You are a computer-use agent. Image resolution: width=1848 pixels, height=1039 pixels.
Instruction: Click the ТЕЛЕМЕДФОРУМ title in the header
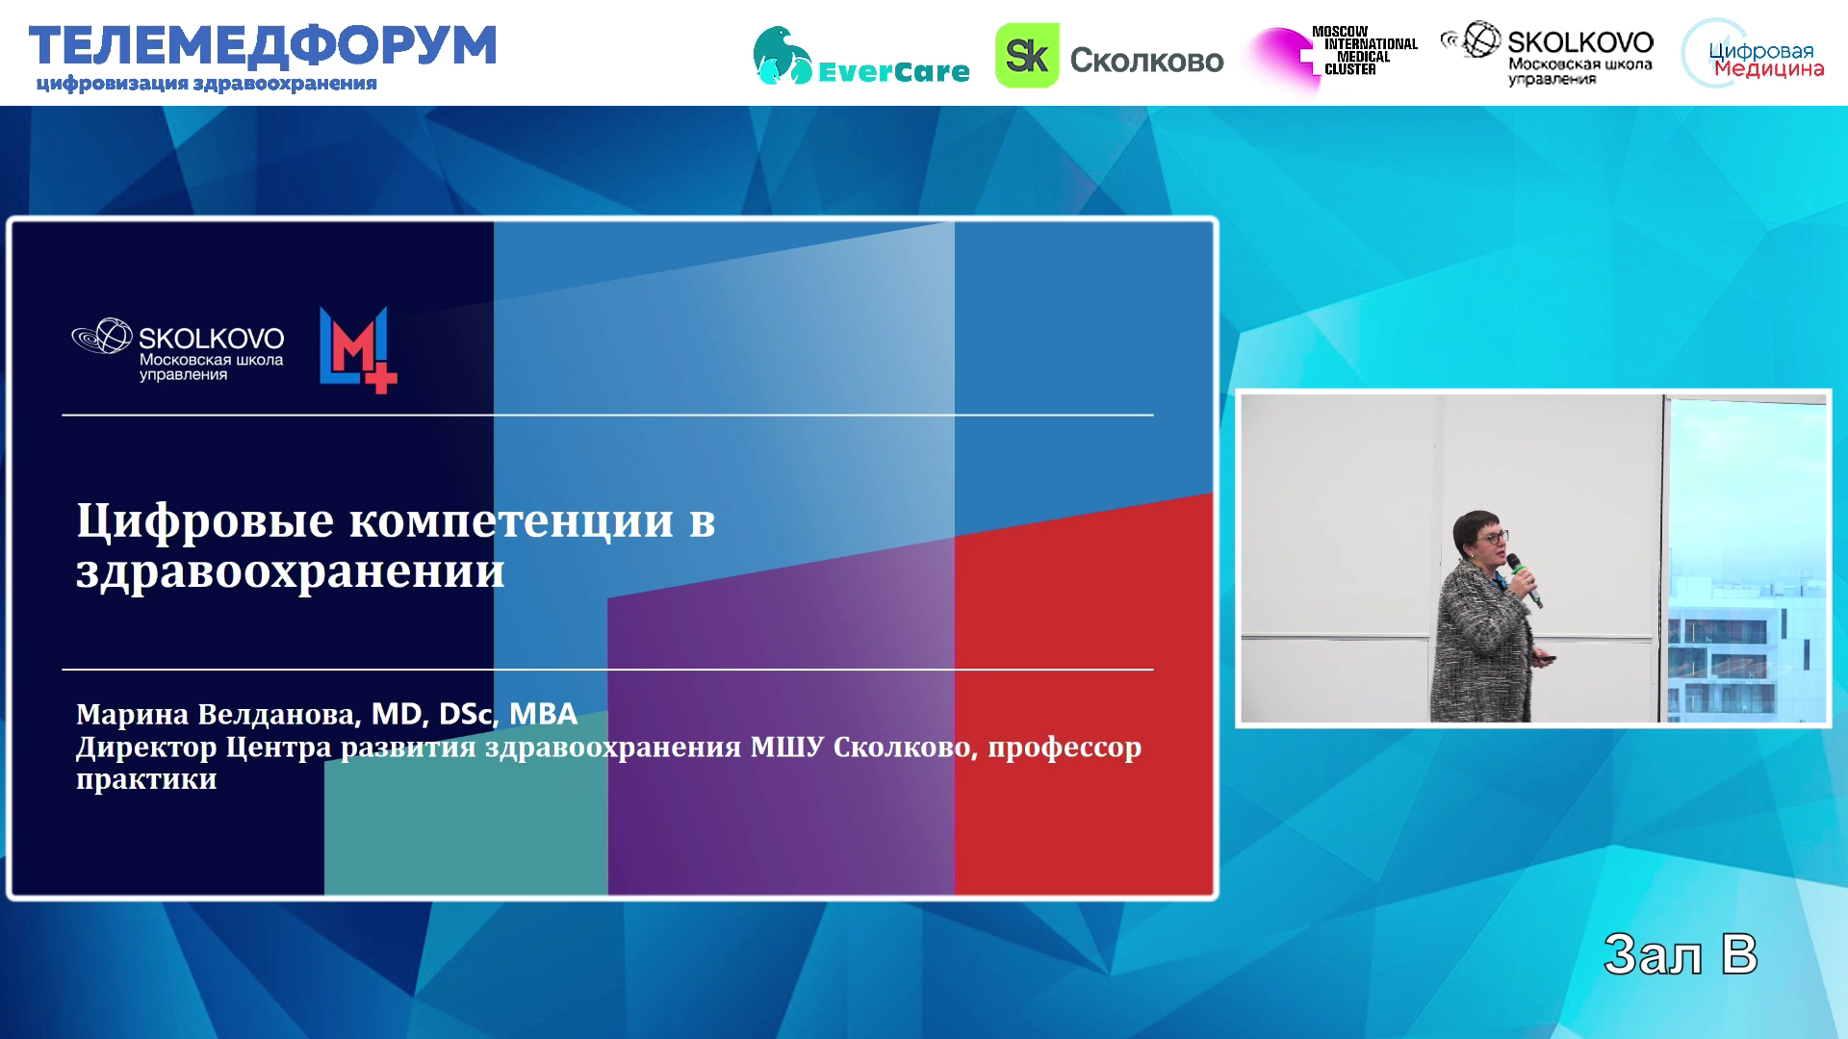point(263,45)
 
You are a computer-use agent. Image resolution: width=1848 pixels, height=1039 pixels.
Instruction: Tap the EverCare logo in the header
point(860,56)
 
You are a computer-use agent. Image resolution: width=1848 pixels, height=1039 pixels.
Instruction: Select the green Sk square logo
point(1026,56)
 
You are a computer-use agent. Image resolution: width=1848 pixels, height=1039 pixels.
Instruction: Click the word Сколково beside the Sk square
point(1146,60)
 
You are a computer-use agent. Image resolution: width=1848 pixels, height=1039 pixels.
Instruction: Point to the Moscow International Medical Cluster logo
point(1333,56)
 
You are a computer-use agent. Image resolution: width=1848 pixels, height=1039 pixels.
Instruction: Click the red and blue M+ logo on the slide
point(358,349)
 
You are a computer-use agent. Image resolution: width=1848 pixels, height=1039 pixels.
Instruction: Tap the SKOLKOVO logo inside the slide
point(178,349)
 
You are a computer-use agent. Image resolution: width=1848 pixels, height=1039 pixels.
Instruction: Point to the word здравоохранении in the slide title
point(291,571)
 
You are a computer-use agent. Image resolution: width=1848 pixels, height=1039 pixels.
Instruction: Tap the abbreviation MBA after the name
point(543,714)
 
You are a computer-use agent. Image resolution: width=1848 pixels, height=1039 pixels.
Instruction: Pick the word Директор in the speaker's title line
point(146,748)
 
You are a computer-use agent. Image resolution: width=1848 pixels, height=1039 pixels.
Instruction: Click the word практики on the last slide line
point(146,779)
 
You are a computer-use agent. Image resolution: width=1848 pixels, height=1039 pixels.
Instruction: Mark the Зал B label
point(1681,955)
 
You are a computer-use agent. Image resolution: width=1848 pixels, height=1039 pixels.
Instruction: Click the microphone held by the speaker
point(1525,580)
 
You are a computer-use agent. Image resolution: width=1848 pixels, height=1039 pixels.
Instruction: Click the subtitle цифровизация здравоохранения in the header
point(206,84)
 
